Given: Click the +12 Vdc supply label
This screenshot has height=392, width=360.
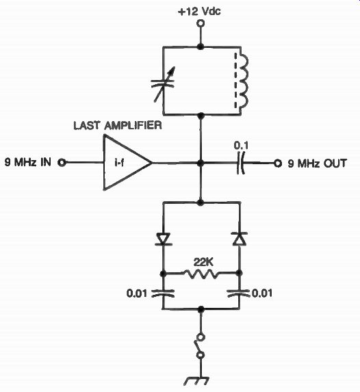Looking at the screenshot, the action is [x=199, y=11].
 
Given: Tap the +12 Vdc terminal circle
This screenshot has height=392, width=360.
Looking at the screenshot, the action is [x=200, y=23].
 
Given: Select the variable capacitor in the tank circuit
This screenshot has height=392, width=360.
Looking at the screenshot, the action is [x=164, y=84].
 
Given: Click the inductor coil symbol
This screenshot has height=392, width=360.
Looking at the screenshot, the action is [x=242, y=80].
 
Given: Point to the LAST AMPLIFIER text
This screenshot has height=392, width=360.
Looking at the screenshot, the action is [x=118, y=125].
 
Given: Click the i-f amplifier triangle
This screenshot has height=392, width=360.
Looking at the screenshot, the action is [x=127, y=163].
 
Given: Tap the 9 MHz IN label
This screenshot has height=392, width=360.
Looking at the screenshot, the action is [x=28, y=163].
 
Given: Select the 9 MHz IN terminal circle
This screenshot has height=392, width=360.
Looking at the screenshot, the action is [x=62, y=163].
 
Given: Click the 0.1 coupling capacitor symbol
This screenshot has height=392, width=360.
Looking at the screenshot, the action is [x=240, y=163].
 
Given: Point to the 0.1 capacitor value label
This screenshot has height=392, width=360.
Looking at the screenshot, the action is [x=241, y=146].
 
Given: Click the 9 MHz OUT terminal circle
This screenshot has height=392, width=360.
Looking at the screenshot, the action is [x=277, y=164].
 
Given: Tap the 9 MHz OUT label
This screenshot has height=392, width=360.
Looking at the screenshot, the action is [x=317, y=164].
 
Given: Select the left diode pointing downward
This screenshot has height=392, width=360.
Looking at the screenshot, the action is [x=163, y=239].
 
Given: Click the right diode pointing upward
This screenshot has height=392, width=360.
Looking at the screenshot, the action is [x=240, y=239].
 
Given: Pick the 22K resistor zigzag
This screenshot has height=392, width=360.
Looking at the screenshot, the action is [x=202, y=274].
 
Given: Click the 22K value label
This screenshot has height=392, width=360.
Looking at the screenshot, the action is [x=203, y=263].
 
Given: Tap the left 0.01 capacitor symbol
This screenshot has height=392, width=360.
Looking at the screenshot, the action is [x=163, y=293].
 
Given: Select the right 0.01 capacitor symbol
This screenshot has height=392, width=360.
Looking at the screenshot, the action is [x=239, y=293].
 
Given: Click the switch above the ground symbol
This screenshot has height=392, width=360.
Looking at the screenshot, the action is [x=200, y=346].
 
